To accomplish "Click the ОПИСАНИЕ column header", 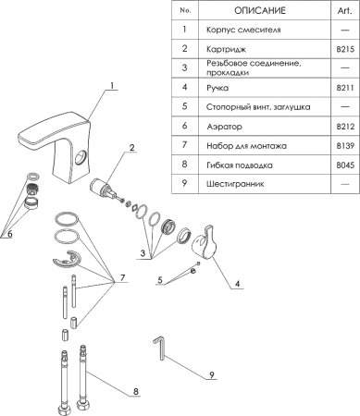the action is (260, 10).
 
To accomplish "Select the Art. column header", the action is (344, 10).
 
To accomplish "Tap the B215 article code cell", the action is (345, 49).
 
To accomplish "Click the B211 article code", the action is (345, 88).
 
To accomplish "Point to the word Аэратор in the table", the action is (224, 127).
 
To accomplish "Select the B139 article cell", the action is (345, 146).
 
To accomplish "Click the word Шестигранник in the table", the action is (235, 184).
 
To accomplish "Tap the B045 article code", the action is (345, 165).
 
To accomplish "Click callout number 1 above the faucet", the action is (112, 85).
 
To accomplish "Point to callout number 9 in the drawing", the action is (212, 375).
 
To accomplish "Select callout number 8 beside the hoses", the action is (136, 392).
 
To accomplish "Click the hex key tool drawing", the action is (160, 348).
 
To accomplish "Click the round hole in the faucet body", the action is (81, 157).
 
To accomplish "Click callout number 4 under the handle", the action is (237, 284).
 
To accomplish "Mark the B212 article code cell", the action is (345, 127).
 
